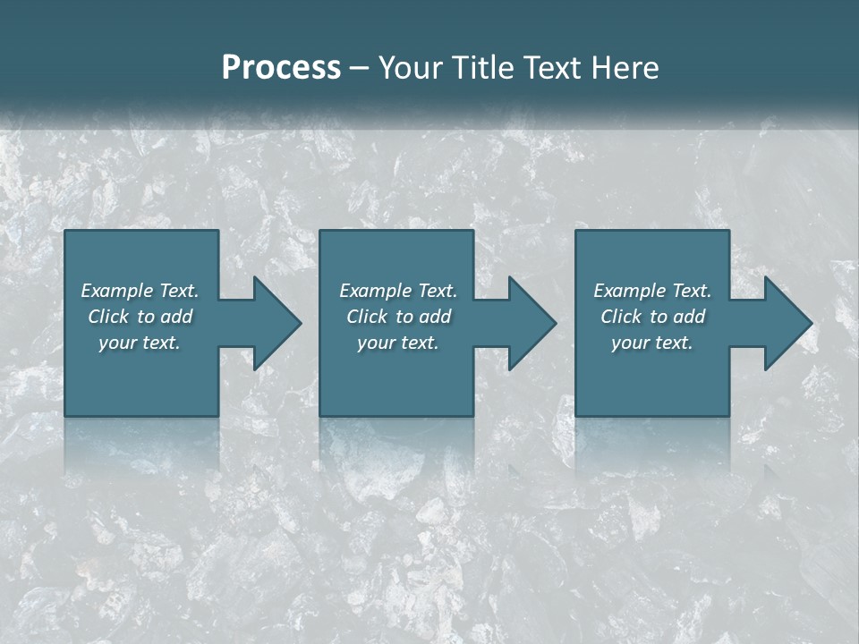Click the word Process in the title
[281, 68]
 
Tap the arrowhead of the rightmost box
[787, 323]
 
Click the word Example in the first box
[116, 291]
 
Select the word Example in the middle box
[375, 291]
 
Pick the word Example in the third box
[629, 291]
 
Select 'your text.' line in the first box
[140, 343]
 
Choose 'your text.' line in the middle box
[398, 343]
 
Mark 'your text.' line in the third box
[652, 343]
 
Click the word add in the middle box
[435, 317]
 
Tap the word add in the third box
[689, 317]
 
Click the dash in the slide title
[359, 68]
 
